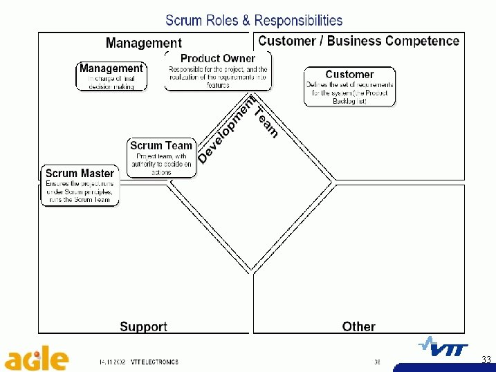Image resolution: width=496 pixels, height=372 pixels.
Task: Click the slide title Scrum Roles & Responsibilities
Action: [254, 21]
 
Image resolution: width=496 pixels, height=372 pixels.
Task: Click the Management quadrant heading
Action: [144, 44]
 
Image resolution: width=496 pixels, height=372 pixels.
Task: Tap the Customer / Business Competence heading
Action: [358, 41]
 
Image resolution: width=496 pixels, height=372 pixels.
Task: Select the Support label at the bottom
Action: [143, 326]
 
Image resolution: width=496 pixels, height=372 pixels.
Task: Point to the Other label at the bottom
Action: [358, 326]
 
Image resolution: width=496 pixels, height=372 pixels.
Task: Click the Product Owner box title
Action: [217, 59]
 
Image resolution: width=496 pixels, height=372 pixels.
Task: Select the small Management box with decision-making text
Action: [111, 76]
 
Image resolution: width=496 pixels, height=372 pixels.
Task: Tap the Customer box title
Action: [349, 74]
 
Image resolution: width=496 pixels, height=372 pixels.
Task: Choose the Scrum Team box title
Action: [161, 145]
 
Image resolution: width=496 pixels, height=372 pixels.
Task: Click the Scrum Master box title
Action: [80, 173]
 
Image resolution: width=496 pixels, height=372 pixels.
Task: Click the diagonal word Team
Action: [266, 122]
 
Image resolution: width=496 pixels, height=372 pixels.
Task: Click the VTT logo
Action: [443, 349]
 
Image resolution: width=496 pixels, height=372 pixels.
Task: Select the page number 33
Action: [486, 360]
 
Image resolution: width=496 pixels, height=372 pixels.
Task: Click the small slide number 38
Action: [377, 362]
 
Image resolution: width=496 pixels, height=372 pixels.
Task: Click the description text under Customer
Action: [349, 93]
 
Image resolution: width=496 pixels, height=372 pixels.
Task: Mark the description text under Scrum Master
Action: [79, 192]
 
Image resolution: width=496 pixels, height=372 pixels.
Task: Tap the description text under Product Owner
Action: [217, 77]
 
